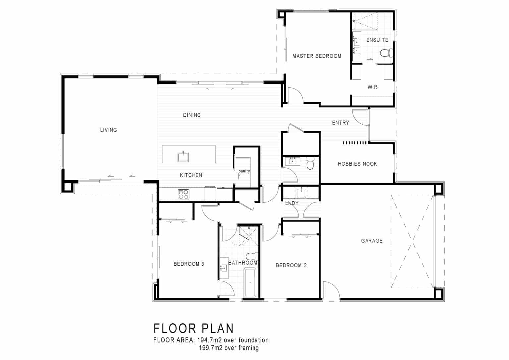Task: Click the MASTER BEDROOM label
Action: (x=316, y=56)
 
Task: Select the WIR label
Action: (x=372, y=87)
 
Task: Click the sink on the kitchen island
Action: (x=183, y=156)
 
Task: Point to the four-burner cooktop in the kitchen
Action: (x=183, y=194)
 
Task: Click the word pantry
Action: (x=244, y=171)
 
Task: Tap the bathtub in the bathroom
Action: (x=250, y=283)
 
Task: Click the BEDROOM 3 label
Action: (x=189, y=264)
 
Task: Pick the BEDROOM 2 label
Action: (x=291, y=265)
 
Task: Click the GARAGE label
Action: (x=371, y=241)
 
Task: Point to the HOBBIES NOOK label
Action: (x=357, y=164)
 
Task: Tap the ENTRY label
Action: (x=340, y=123)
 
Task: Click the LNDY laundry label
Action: (x=292, y=203)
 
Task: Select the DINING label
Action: (x=192, y=115)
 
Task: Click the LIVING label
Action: (x=108, y=130)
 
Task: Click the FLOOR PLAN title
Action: (x=194, y=328)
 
